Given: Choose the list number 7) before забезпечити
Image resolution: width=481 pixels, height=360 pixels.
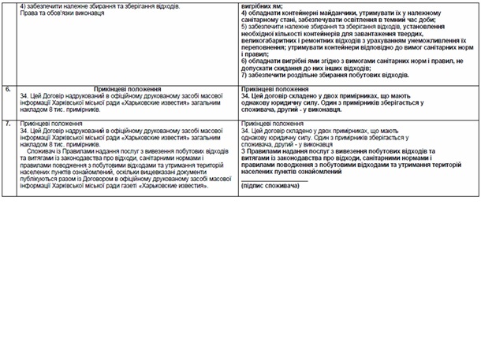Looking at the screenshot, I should (x=244, y=75).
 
